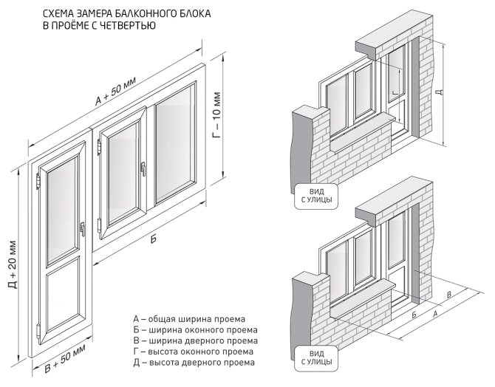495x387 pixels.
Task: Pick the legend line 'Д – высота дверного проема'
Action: pos(189,363)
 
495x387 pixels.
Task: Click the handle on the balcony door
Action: pos(84,229)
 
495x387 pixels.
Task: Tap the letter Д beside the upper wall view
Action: pos(440,94)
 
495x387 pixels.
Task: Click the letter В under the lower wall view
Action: pos(450,295)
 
